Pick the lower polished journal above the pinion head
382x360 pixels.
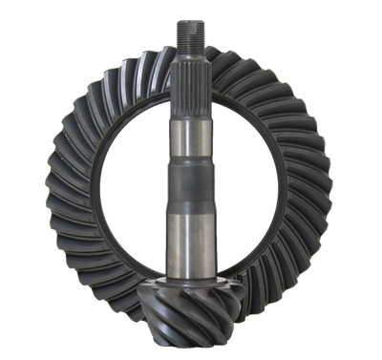pos(192,248)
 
